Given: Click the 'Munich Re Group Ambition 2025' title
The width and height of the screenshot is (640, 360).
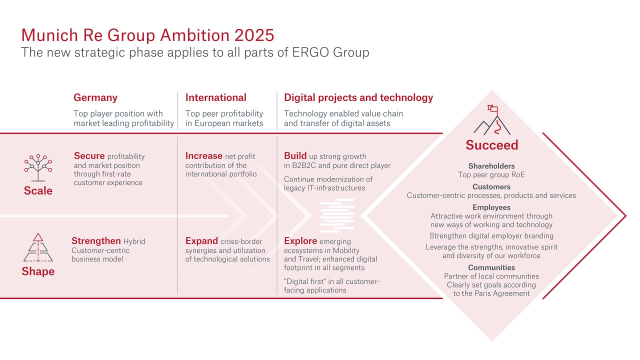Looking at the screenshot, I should [x=147, y=35].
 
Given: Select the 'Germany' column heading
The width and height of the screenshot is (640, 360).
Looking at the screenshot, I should [x=95, y=97].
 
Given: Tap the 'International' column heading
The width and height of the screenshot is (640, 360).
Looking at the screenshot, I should [x=216, y=97].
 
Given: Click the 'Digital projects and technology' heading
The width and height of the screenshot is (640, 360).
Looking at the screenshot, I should [x=358, y=97].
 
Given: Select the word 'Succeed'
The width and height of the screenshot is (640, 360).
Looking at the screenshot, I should [x=492, y=145].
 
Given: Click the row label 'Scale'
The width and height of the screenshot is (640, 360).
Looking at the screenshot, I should [x=38, y=190].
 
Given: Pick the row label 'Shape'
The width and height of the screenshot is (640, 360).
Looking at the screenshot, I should [x=38, y=271].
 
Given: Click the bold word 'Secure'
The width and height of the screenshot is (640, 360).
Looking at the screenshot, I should [x=89, y=155].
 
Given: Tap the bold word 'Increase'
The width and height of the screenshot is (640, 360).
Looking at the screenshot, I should [x=204, y=155].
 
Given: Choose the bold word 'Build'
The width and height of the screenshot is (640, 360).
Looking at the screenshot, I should [x=295, y=155].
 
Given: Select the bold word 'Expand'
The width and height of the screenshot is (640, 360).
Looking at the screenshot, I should [x=201, y=240].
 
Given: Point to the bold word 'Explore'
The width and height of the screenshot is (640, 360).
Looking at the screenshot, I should [x=300, y=240].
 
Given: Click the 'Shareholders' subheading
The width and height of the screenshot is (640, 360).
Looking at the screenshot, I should [x=491, y=166].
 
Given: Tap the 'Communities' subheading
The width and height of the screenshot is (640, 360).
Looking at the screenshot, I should [x=491, y=267].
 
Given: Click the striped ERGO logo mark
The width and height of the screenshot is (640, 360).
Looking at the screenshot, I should [x=337, y=215].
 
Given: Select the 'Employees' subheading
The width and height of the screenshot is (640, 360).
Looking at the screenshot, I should [x=491, y=207].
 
